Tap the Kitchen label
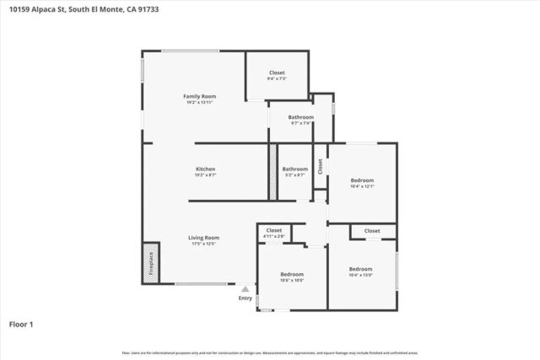click(206, 169)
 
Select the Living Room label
click(203, 238)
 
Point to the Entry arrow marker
click(246, 288)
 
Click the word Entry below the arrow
click(246, 298)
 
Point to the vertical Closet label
click(320, 166)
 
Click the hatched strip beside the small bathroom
click(273, 172)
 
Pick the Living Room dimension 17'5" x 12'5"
click(203, 244)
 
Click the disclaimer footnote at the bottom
click(270, 352)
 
